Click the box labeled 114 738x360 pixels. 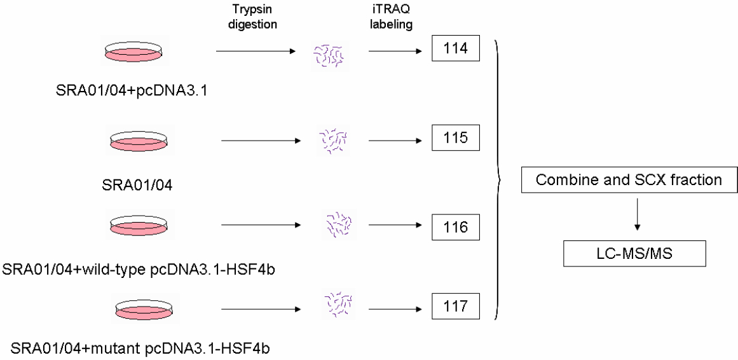(455, 49)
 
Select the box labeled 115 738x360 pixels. (455, 137)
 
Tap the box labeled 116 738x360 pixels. (455, 226)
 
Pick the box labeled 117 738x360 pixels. (455, 306)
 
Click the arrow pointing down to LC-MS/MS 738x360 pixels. (637, 217)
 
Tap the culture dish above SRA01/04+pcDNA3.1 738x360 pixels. (135, 53)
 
